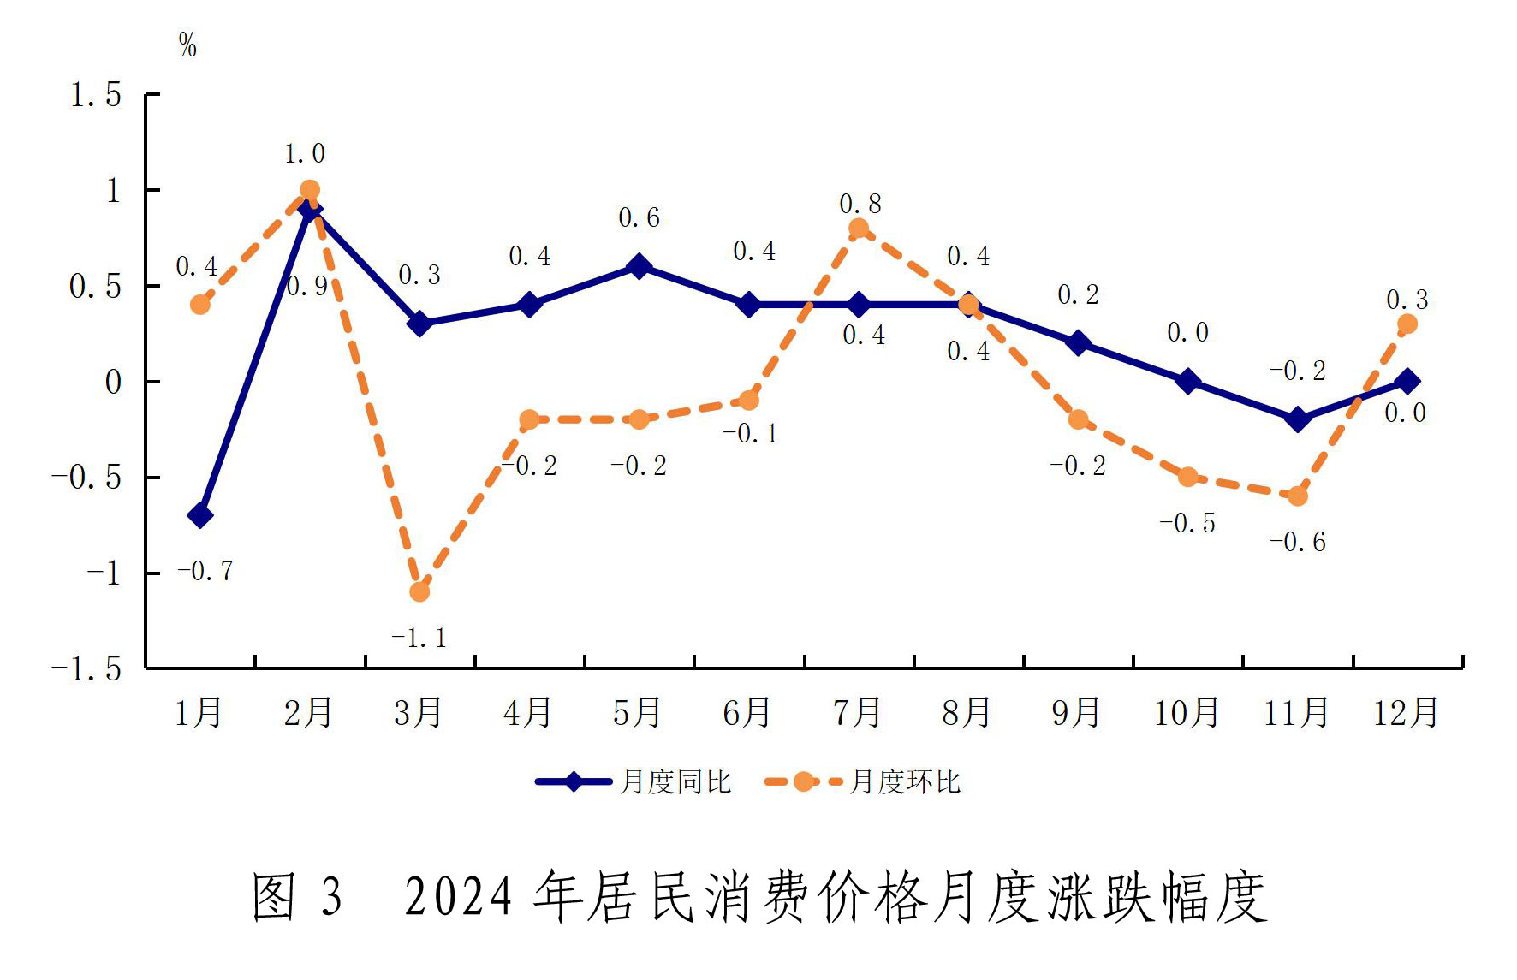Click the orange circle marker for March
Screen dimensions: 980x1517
click(419, 591)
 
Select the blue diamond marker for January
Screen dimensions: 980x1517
click(200, 515)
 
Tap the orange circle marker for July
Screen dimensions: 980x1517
click(859, 229)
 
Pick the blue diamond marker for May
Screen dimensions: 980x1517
click(639, 266)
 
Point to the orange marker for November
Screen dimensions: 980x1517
click(1297, 496)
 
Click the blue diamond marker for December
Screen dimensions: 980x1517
click(1407, 381)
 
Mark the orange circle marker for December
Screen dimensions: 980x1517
click(1407, 324)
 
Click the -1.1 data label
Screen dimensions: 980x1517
click(419, 638)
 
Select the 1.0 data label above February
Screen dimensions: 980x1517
click(305, 154)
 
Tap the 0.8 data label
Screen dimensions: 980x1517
click(860, 204)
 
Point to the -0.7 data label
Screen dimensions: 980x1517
click(205, 571)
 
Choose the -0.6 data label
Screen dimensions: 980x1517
click(1297, 542)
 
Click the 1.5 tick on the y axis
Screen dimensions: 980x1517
click(96, 95)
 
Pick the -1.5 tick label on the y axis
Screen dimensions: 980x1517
click(87, 669)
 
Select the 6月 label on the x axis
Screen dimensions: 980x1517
click(747, 713)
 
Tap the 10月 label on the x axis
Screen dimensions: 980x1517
click(1187, 713)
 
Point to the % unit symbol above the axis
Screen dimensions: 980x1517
click(187, 45)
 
